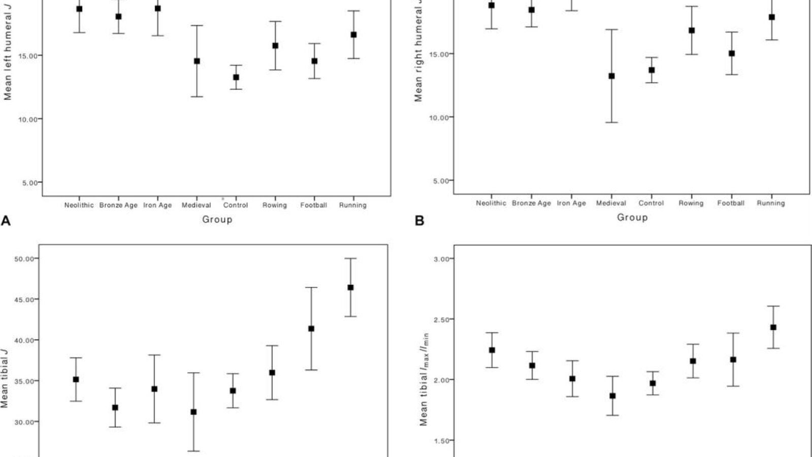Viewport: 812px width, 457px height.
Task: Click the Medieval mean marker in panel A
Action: coord(197,61)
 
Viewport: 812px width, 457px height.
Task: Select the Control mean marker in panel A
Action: coord(236,77)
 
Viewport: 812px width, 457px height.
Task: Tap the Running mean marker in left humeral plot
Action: coord(353,35)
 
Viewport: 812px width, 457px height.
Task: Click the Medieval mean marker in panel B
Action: coord(611,76)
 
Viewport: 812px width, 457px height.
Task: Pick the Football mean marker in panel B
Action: coord(732,54)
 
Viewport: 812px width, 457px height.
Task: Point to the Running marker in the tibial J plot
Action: coord(350,287)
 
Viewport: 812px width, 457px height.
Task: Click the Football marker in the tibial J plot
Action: coord(311,329)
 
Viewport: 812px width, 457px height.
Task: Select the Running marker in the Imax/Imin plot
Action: coord(773,327)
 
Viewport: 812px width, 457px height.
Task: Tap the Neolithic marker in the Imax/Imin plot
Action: coord(492,350)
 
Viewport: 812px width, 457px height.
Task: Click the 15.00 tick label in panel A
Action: coord(28,56)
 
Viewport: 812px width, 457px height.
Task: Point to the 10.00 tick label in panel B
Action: coord(439,117)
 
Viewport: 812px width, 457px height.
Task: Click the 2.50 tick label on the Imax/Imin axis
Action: coord(441,319)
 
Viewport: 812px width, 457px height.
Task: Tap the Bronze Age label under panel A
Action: coord(118,205)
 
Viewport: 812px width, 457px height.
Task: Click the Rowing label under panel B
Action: coord(691,203)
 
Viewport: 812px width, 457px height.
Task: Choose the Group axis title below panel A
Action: coord(217,219)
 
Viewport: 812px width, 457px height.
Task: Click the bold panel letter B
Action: coord(419,220)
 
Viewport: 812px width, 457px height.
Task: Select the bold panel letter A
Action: coord(6,220)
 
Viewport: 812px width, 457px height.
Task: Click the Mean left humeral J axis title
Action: coord(8,51)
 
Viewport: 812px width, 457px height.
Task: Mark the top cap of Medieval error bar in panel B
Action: coord(611,29)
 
